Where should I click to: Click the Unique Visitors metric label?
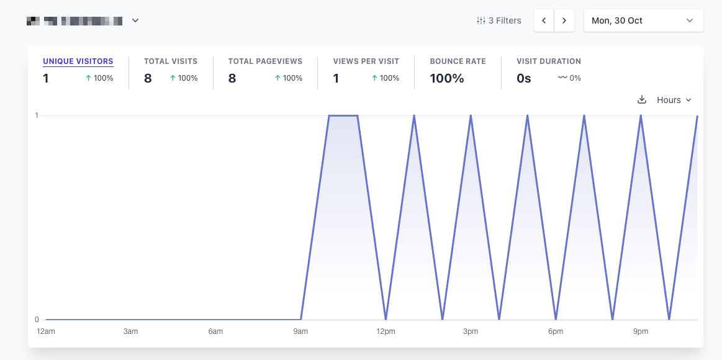(x=78, y=61)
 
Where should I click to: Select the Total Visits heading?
(x=170, y=61)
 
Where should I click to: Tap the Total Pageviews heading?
(x=265, y=61)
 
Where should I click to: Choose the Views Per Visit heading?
(x=366, y=61)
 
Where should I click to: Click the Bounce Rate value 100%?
(x=447, y=78)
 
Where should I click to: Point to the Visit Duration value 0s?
(x=523, y=78)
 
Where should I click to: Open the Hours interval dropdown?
(x=674, y=100)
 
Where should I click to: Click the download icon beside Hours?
(x=642, y=100)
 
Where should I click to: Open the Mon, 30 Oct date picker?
(x=643, y=20)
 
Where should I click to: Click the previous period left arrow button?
(x=544, y=20)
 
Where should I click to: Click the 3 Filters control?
(x=499, y=20)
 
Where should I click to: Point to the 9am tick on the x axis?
(x=300, y=331)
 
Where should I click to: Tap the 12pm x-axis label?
(x=386, y=331)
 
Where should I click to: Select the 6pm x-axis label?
(x=556, y=331)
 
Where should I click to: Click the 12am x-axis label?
(x=46, y=331)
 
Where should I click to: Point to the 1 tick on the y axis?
(x=37, y=115)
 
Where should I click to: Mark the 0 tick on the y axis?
(x=37, y=320)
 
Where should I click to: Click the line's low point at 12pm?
(x=386, y=319)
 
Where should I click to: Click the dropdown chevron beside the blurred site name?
(x=135, y=20)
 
